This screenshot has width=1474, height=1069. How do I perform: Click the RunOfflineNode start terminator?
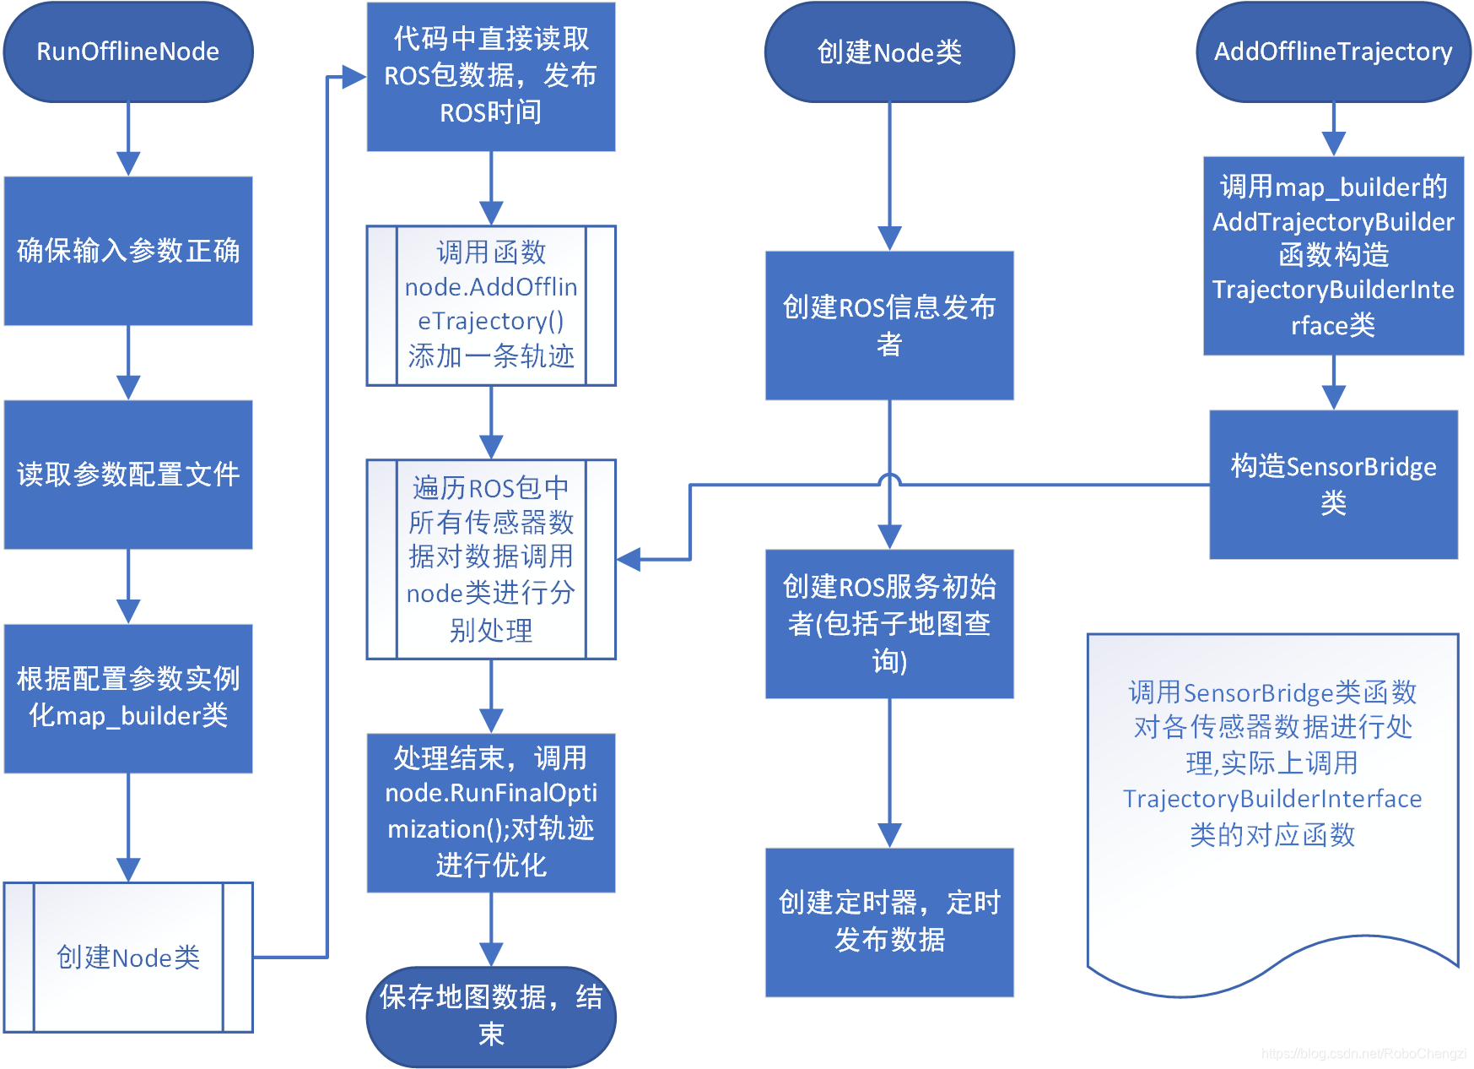tap(127, 52)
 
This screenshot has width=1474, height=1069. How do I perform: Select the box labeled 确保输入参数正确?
tap(127, 251)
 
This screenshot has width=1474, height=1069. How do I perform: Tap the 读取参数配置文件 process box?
tap(127, 475)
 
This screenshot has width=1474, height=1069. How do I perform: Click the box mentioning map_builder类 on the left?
tap(127, 698)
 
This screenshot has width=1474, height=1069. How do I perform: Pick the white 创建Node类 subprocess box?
tap(127, 957)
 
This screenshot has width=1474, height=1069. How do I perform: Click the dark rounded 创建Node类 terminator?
tap(888, 52)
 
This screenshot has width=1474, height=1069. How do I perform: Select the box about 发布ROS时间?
tap(490, 76)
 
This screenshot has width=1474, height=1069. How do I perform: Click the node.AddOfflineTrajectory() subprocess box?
tap(490, 305)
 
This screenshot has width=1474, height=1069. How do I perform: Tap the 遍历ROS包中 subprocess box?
tap(490, 559)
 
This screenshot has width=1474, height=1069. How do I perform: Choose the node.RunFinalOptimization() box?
tap(490, 811)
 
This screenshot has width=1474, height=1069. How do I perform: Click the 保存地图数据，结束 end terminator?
tap(490, 1016)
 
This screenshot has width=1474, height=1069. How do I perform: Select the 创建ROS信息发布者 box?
tap(888, 325)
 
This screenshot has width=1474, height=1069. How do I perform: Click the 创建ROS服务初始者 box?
tap(888, 623)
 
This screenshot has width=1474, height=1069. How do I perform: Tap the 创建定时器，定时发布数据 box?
tap(888, 921)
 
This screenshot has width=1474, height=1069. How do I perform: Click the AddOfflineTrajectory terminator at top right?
tap(1332, 52)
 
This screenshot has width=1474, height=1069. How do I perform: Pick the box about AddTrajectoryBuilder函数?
tap(1332, 255)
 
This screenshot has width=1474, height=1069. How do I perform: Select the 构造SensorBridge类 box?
tap(1332, 484)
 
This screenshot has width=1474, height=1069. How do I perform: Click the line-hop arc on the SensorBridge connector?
tap(889, 479)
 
